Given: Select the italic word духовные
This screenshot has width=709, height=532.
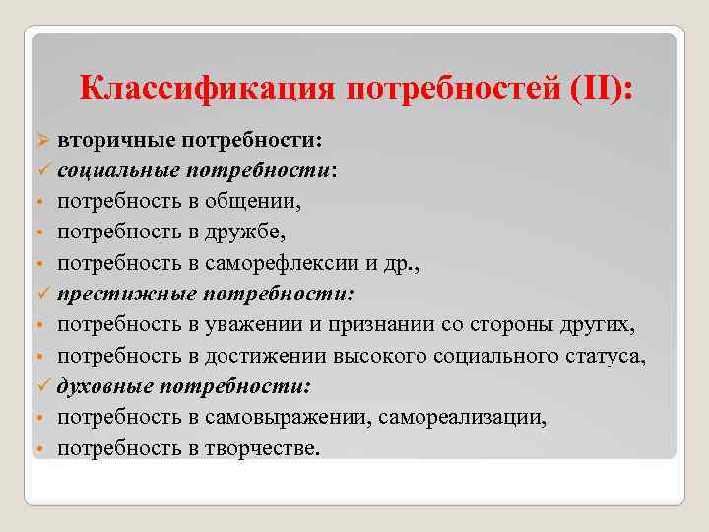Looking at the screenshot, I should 102,386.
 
